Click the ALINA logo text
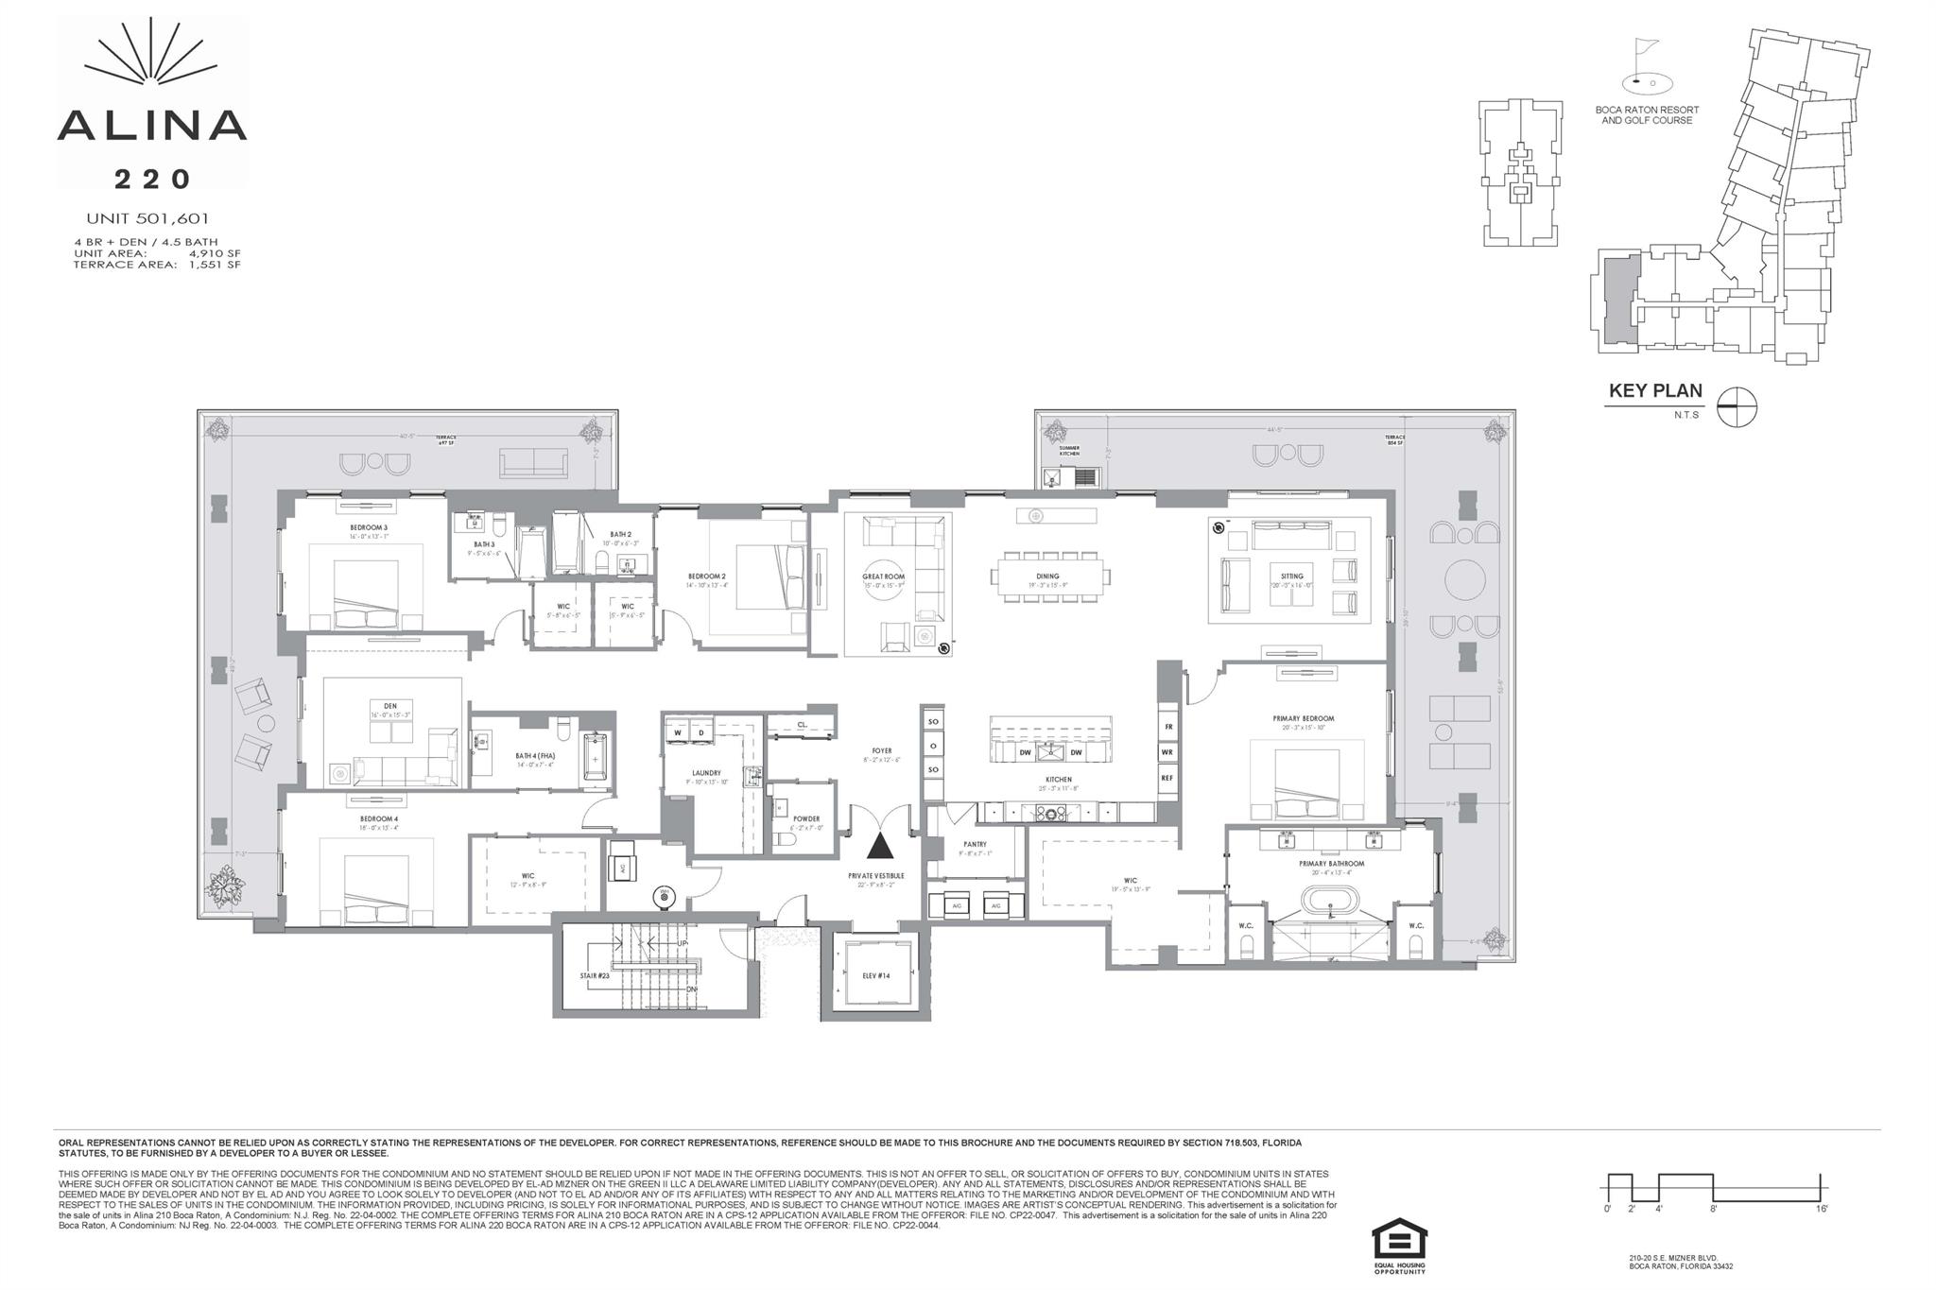(152, 126)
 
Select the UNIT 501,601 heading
(147, 218)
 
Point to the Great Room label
(883, 576)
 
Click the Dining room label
(1047, 576)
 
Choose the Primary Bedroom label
(1304, 718)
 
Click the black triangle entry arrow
(879, 845)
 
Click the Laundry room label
(706, 773)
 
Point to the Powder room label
(806, 818)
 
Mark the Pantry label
(975, 844)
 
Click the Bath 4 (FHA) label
(534, 755)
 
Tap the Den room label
(390, 706)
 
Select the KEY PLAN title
(1655, 391)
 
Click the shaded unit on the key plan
(1616, 302)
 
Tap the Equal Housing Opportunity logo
(1399, 1244)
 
